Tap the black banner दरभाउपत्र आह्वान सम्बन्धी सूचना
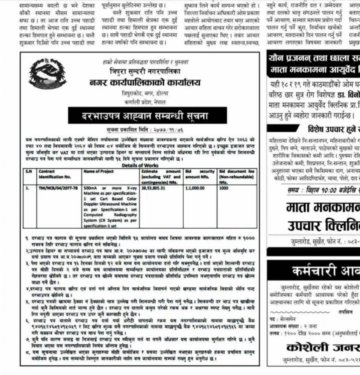[147, 115]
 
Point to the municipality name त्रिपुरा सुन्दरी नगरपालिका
[145, 71]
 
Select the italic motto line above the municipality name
[145, 62]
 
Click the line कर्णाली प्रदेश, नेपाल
[145, 101]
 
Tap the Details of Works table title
[140, 165]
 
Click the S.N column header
[28, 171]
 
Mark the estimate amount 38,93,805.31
[153, 187]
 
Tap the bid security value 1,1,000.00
[195, 187]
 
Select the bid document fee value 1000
[224, 187]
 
